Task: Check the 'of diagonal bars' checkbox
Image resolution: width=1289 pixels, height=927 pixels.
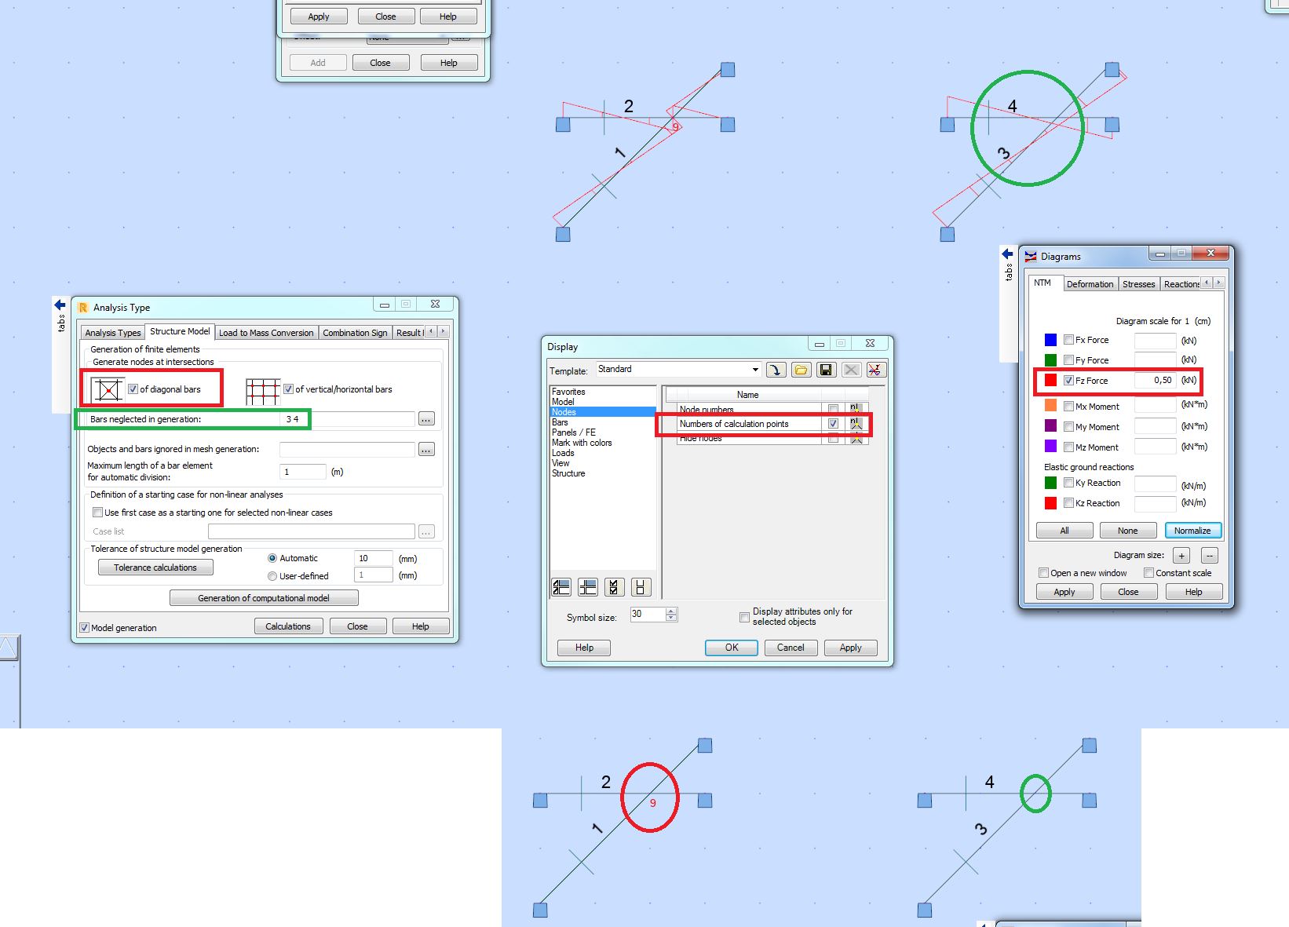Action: [133, 389]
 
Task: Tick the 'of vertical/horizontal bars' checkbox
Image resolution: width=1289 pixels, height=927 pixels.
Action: [289, 389]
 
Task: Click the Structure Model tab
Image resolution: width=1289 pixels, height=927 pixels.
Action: [180, 332]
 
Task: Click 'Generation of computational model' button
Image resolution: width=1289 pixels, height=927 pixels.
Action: [264, 598]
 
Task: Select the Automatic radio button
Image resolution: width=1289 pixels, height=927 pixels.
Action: [272, 559]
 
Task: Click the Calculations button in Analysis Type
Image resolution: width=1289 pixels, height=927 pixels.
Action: [288, 626]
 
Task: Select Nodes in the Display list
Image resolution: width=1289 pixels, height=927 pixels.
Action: [564, 412]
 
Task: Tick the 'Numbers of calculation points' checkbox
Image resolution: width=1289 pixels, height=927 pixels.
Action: [833, 424]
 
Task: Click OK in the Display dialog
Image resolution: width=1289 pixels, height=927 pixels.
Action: [731, 648]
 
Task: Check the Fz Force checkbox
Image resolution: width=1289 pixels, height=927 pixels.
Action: [1068, 381]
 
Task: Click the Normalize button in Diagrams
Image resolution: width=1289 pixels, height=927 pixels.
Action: [1192, 531]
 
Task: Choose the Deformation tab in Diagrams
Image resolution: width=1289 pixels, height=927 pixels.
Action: [1090, 284]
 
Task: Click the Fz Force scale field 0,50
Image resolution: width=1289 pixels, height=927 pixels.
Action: [1155, 381]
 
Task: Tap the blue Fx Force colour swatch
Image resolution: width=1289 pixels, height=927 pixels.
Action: [1050, 340]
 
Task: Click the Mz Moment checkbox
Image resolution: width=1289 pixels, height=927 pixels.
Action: [1068, 447]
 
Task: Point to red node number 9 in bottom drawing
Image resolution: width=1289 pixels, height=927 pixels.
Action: [652, 803]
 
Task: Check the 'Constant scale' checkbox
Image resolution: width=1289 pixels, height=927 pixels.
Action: [1148, 573]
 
